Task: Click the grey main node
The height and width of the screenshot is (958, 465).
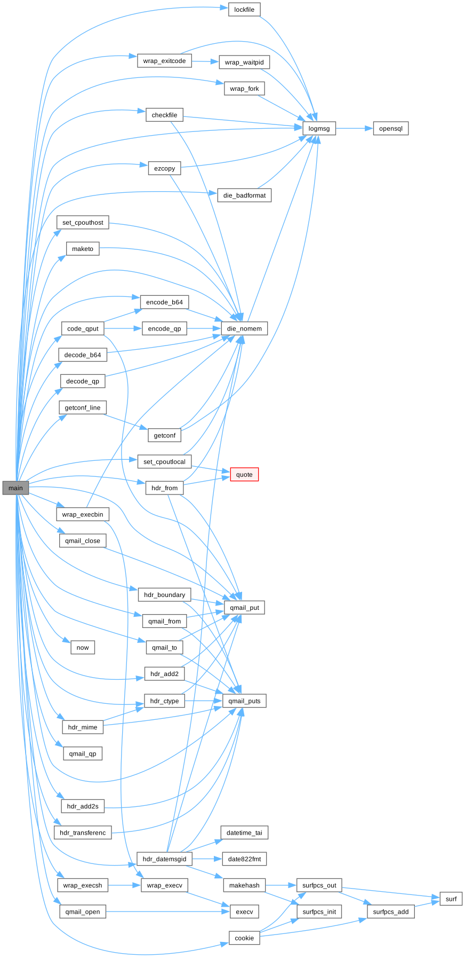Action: tap(15, 488)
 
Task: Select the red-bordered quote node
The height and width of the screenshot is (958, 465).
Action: tap(244, 474)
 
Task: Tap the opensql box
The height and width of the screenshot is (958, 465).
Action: tap(390, 128)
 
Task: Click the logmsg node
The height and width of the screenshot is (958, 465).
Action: tap(319, 128)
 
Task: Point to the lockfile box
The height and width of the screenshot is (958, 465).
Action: tap(244, 10)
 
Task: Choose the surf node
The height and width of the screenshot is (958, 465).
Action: tap(451, 899)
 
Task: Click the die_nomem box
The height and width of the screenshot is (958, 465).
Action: tap(244, 328)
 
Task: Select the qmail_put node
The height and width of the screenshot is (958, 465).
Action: tap(244, 607)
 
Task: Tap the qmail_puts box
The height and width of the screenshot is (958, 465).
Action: tap(244, 701)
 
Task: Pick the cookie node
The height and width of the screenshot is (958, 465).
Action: tap(244, 938)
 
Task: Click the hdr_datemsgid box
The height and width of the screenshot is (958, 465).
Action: tap(164, 859)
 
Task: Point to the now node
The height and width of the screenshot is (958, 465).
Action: tap(83, 647)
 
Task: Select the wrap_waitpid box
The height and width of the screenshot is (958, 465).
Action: tap(244, 62)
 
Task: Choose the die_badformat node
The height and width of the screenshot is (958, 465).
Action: tap(244, 195)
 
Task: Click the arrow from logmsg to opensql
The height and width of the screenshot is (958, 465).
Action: tap(354, 128)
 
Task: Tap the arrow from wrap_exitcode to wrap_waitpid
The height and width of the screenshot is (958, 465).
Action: tap(205, 61)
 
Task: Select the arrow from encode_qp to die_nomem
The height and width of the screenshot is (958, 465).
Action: tap(204, 328)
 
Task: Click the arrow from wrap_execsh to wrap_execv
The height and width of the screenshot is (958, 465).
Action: tap(124, 885)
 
